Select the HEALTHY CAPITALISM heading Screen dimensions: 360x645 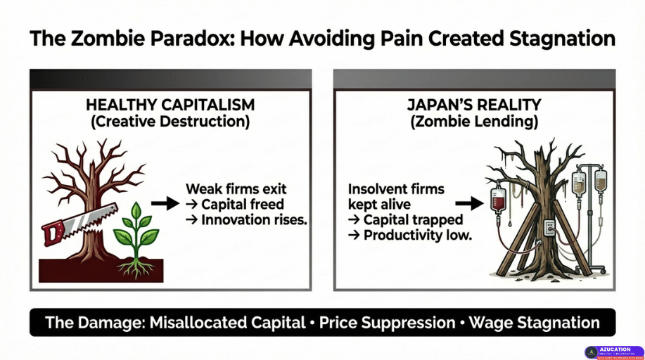170,105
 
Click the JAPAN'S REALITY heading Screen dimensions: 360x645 474,105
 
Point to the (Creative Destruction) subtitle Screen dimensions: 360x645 170,122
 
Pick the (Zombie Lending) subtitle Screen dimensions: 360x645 474,122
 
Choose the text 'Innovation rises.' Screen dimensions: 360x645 254,220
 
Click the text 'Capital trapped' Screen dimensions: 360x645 413,220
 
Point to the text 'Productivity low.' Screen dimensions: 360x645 418,236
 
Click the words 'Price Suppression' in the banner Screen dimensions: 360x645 387,323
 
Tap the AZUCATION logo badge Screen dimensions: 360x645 613,352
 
